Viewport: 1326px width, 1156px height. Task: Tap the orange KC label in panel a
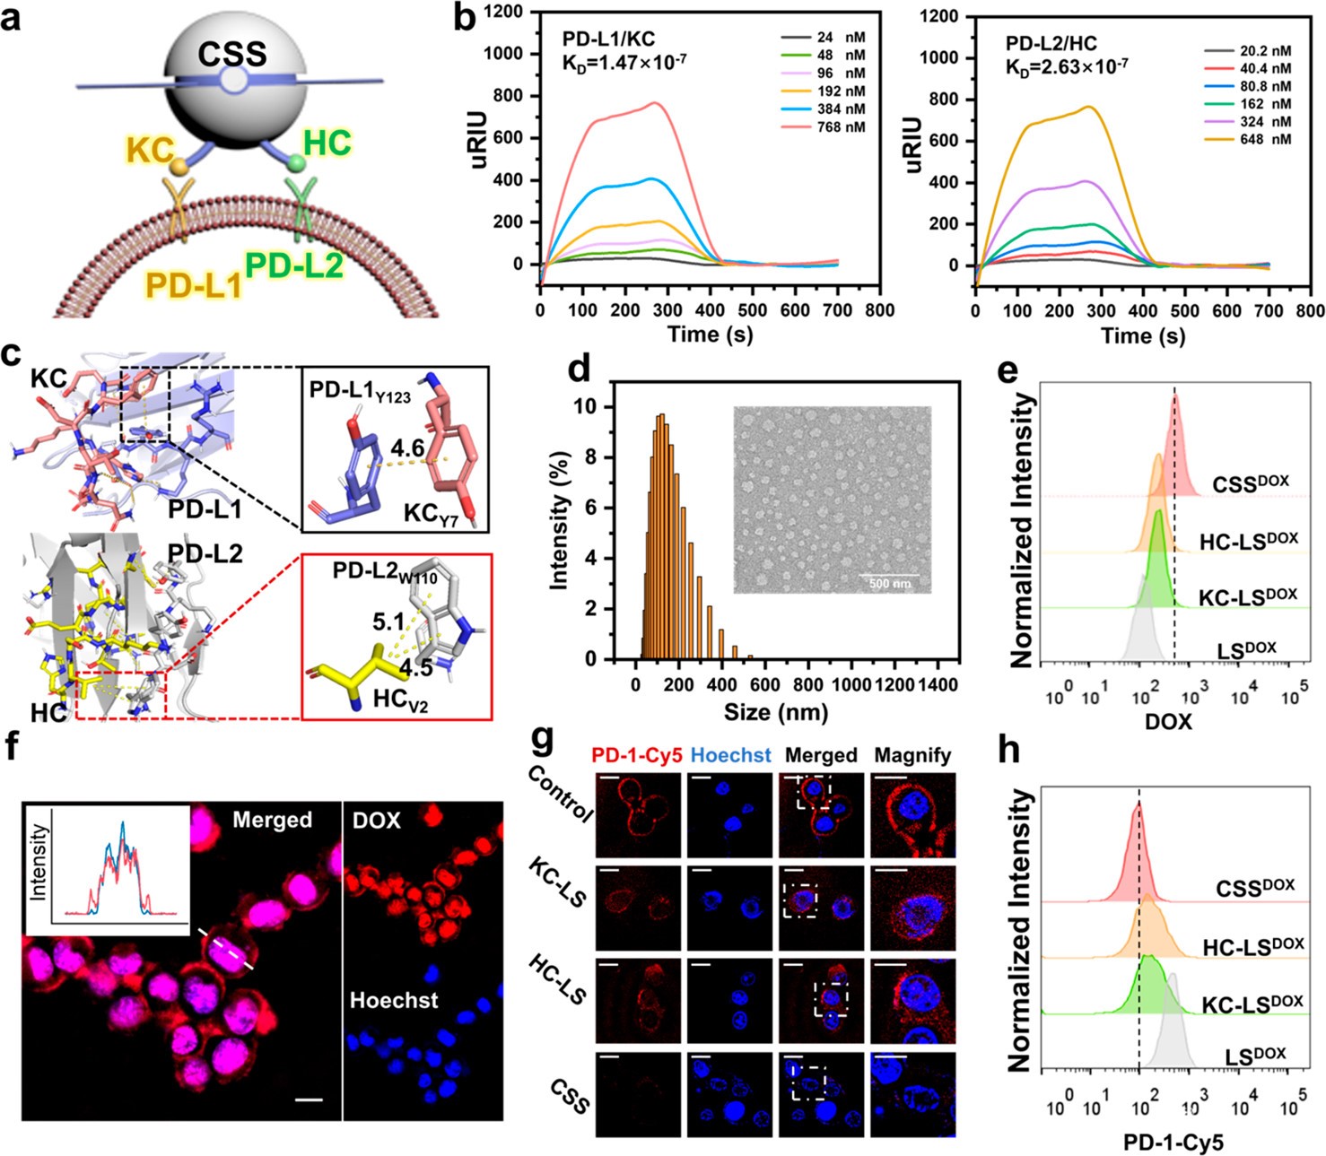tap(150, 150)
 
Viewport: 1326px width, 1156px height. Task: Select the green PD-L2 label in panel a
tap(295, 265)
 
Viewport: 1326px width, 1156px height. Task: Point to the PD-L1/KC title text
tap(608, 39)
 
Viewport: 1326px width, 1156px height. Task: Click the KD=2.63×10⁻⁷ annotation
tap(1066, 66)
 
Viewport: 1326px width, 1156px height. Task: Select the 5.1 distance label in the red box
tap(389, 621)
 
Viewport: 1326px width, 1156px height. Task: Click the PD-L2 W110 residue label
tap(386, 572)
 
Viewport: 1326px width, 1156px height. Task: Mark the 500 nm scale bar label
tap(889, 584)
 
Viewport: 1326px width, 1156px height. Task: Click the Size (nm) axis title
tap(776, 712)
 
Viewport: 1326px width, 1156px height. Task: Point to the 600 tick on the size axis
tap(765, 685)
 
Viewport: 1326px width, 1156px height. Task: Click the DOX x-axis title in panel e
tap(1168, 721)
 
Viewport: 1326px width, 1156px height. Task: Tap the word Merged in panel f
tap(272, 820)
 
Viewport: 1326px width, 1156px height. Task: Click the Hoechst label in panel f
tap(394, 1000)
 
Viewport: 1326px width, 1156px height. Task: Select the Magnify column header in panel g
tap(912, 755)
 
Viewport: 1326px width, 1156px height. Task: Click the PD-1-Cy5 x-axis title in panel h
tap(1173, 1142)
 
